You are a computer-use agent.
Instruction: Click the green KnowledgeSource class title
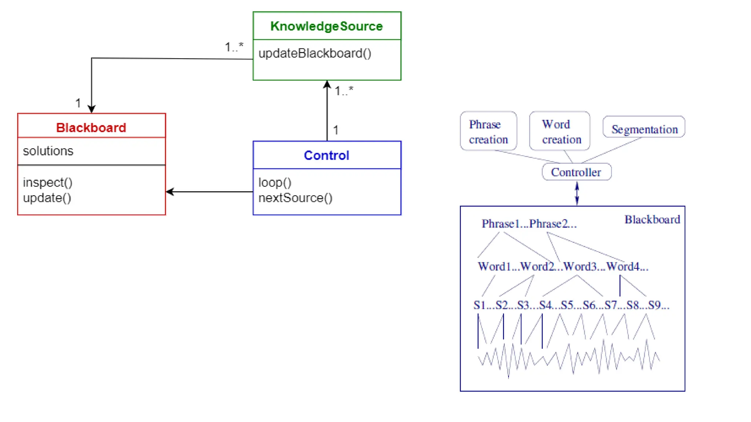click(x=326, y=26)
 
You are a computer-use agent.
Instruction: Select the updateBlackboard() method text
click(x=315, y=53)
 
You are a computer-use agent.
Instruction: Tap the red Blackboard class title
click(x=91, y=127)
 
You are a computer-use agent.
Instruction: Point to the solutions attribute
click(x=48, y=151)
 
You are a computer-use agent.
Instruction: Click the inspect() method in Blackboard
click(x=48, y=182)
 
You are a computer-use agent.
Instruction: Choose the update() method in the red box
click(x=47, y=198)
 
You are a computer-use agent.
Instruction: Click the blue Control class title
click(x=326, y=155)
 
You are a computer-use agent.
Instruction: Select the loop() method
click(x=275, y=182)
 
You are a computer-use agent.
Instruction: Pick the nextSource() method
click(x=295, y=198)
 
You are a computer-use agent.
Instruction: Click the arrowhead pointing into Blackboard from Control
click(x=169, y=192)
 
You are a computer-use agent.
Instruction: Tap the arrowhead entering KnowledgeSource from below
click(x=327, y=84)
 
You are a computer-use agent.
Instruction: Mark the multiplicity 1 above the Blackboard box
click(x=78, y=103)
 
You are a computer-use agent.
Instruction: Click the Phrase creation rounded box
click(x=488, y=131)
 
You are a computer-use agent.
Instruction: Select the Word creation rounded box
click(x=560, y=131)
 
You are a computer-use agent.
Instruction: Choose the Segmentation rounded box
click(x=644, y=127)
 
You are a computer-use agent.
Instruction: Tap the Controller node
click(x=576, y=172)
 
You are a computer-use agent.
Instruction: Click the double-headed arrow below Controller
click(x=577, y=193)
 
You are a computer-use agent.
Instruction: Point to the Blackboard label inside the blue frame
click(x=652, y=219)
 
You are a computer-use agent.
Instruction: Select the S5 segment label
click(x=567, y=305)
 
